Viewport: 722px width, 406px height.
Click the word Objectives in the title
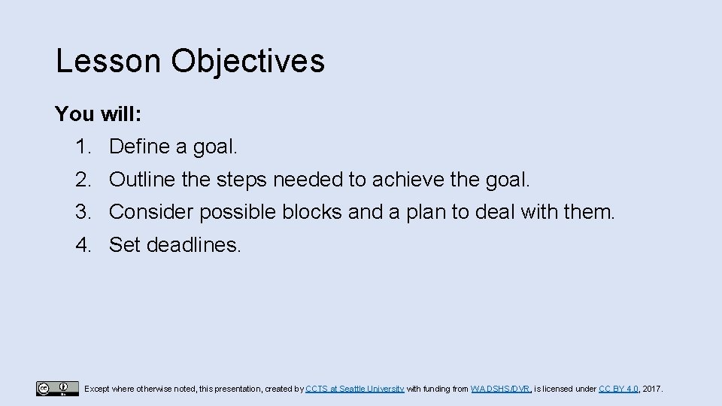[x=248, y=61]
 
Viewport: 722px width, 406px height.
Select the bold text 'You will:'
[x=98, y=114]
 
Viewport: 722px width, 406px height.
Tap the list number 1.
[x=82, y=147]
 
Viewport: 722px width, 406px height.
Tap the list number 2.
[x=82, y=180]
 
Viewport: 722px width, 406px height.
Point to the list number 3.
[x=82, y=212]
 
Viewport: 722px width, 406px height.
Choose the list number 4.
[x=82, y=244]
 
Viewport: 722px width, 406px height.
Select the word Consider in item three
[x=150, y=212]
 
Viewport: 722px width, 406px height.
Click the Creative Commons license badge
[x=57, y=389]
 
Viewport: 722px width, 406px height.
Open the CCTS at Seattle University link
[x=355, y=389]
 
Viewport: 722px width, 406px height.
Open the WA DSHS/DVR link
[x=501, y=389]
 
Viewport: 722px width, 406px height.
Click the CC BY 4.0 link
[x=618, y=389]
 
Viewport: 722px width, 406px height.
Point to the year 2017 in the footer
[x=653, y=389]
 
